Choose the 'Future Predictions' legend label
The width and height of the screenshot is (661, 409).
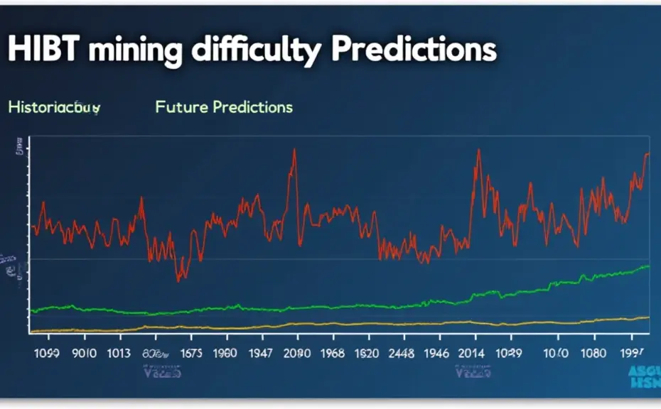(224, 107)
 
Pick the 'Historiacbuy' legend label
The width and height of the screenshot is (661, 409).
(54, 108)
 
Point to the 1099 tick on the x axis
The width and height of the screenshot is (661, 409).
(45, 353)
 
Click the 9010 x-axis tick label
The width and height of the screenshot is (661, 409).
(85, 353)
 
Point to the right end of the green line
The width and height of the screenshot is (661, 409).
(648, 266)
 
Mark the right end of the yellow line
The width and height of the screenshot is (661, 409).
(648, 317)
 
